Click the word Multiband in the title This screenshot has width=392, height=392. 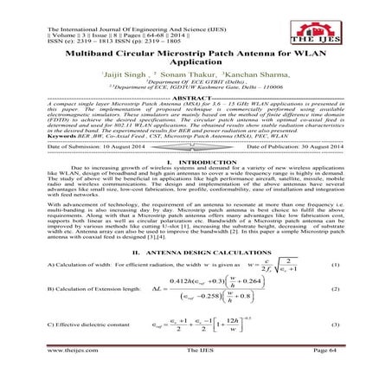click(87, 54)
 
